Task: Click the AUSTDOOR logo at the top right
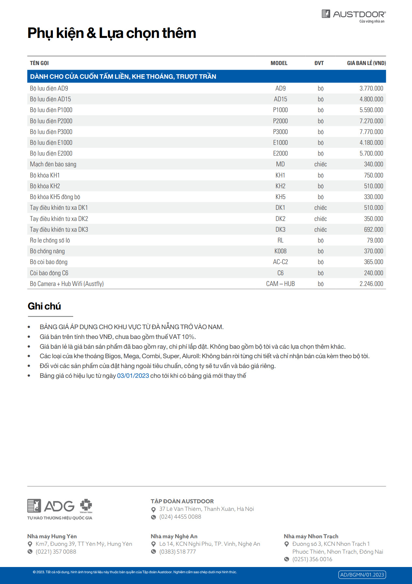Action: coord(354,15)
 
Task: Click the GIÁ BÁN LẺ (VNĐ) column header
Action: coord(366,63)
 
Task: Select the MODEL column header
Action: coord(279,63)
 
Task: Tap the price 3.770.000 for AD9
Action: coord(371,88)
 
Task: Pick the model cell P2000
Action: coord(280,121)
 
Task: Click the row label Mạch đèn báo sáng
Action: coord(53,164)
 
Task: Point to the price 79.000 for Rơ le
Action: coord(375,241)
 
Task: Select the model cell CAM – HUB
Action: coord(280,284)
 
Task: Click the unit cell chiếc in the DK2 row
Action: coord(321,219)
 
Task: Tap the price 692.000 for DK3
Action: coord(373,229)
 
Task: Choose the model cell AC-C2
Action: coord(280,262)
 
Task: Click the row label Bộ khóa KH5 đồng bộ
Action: coord(55,197)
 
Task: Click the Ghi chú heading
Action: coord(44,306)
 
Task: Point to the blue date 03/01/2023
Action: coord(133,376)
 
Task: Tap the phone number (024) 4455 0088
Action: coord(180,517)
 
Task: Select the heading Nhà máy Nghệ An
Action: coord(174,536)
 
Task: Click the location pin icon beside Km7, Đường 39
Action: coord(30,544)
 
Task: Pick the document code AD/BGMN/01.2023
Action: coord(362,575)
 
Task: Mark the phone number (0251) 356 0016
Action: coord(312,559)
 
